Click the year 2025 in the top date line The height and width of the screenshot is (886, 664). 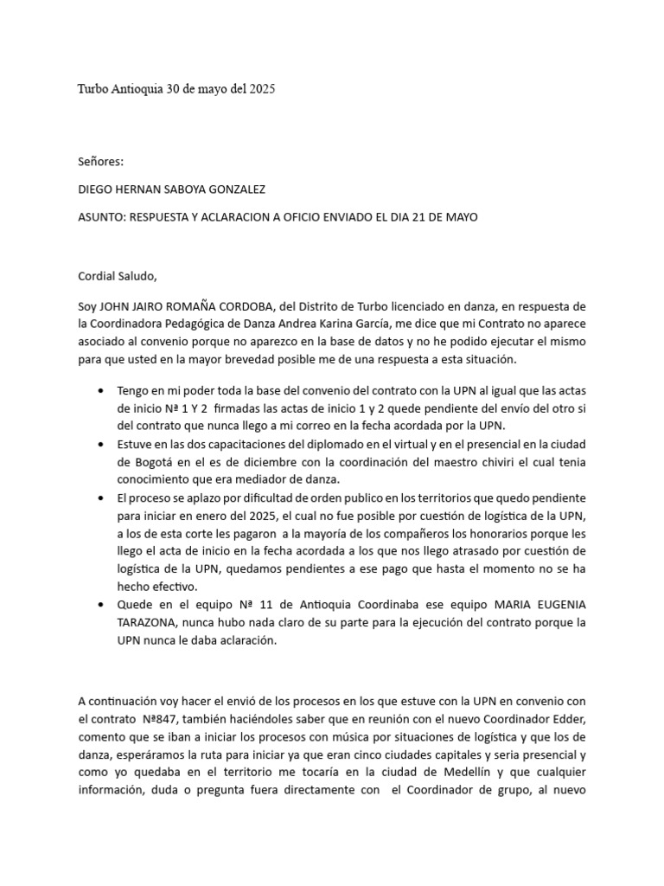click(260, 89)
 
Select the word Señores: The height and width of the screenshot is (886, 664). click(101, 161)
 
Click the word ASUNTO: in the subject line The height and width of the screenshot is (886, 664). click(101, 218)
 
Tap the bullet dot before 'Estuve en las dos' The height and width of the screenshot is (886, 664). click(105, 444)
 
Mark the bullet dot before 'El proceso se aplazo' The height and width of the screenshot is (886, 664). click(105, 498)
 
